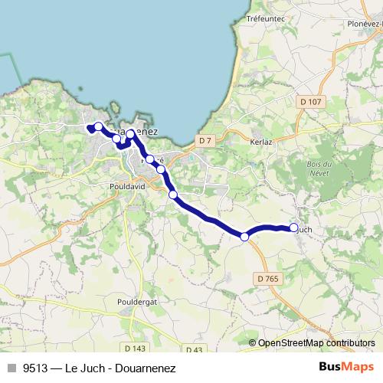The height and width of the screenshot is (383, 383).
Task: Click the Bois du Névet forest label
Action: [x=317, y=169]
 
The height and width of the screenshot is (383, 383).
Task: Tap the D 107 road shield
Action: [x=310, y=102]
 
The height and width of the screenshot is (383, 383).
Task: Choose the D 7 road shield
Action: [x=204, y=140]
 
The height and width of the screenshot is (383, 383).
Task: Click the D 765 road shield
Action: [x=268, y=278]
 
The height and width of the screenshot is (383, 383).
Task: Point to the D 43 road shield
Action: [x=194, y=349]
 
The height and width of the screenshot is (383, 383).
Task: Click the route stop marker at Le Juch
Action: [x=293, y=228]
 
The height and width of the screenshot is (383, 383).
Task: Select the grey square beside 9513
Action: [x=11, y=368]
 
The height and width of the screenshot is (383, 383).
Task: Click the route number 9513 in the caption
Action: [x=34, y=368]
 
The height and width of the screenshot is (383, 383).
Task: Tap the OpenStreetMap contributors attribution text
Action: [x=316, y=343]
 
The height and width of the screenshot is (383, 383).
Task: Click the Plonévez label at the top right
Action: [x=364, y=23]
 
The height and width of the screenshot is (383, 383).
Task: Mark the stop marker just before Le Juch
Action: [x=244, y=237]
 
